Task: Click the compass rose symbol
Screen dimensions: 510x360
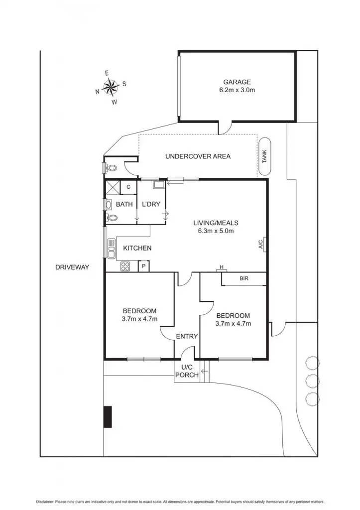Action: click(110, 87)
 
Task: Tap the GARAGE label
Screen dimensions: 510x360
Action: click(237, 82)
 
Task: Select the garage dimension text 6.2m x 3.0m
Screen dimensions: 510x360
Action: click(237, 91)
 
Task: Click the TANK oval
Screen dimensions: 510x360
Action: click(264, 156)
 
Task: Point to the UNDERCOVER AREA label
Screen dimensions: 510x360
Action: click(198, 156)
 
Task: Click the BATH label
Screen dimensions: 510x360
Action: click(124, 204)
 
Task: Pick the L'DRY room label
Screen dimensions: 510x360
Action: click(150, 204)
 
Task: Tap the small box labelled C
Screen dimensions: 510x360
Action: click(128, 187)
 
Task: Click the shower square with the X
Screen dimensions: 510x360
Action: click(113, 187)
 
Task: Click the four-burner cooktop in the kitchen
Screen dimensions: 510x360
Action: click(125, 266)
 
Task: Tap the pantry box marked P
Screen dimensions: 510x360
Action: click(143, 266)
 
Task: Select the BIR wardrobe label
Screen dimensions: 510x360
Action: click(244, 279)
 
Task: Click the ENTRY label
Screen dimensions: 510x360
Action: click(187, 336)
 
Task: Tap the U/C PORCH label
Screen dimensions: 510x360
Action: click(187, 371)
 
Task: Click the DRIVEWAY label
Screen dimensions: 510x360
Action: click(72, 267)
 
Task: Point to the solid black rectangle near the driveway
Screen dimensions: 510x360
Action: click(107, 416)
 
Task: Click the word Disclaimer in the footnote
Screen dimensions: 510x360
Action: click(48, 501)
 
